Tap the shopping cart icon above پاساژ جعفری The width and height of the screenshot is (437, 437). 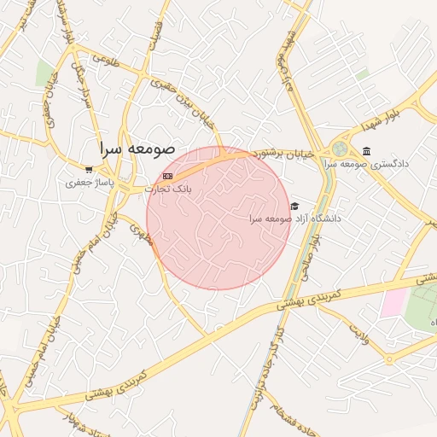[x=90, y=169]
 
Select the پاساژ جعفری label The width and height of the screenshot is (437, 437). [x=90, y=182]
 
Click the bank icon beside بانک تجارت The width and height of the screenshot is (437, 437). [x=167, y=176]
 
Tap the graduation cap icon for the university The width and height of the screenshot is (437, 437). [x=295, y=207]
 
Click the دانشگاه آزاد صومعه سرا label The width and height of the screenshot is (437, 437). [x=294, y=218]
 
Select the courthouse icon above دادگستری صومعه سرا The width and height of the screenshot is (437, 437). [x=366, y=150]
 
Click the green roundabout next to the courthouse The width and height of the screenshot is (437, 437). [x=340, y=149]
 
